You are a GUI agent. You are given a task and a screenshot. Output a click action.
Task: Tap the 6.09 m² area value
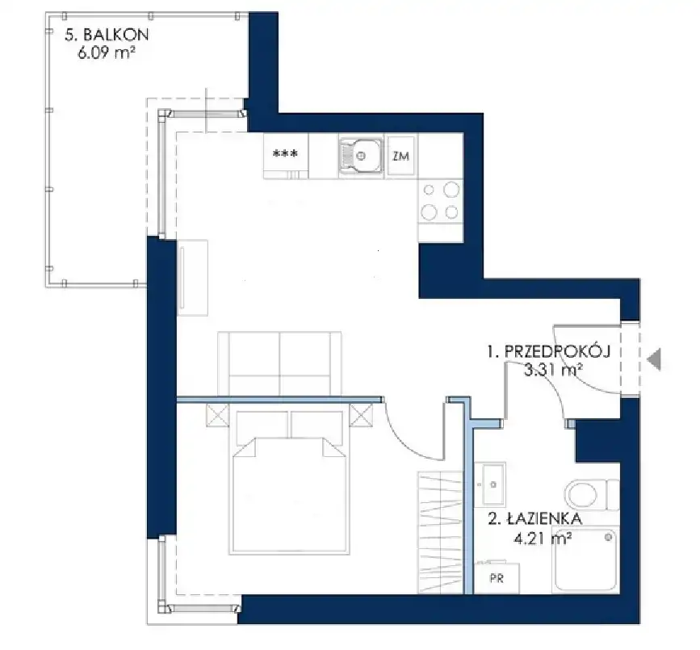(x=107, y=53)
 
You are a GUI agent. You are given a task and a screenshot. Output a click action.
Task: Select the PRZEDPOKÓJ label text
(x=557, y=351)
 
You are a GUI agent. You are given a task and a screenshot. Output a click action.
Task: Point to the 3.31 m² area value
(x=553, y=370)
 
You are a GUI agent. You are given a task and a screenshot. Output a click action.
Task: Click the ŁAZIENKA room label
(x=545, y=518)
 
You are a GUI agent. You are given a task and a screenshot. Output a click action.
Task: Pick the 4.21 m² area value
(x=543, y=539)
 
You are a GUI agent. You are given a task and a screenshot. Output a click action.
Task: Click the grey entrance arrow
(x=654, y=359)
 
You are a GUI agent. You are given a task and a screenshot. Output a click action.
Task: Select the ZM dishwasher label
(x=401, y=156)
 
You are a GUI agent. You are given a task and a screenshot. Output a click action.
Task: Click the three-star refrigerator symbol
(x=285, y=153)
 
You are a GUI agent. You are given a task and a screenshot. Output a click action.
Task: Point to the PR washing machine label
(x=497, y=578)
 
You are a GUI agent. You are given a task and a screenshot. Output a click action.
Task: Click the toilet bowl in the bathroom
(x=581, y=494)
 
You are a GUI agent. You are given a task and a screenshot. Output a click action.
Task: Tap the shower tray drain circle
(x=608, y=537)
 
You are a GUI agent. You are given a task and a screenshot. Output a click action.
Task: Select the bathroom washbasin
(x=490, y=484)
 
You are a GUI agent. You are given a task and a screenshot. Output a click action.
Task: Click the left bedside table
(x=217, y=416)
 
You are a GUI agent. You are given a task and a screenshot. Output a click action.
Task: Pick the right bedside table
(x=361, y=415)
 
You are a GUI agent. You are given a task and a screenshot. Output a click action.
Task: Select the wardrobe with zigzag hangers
(x=440, y=533)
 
